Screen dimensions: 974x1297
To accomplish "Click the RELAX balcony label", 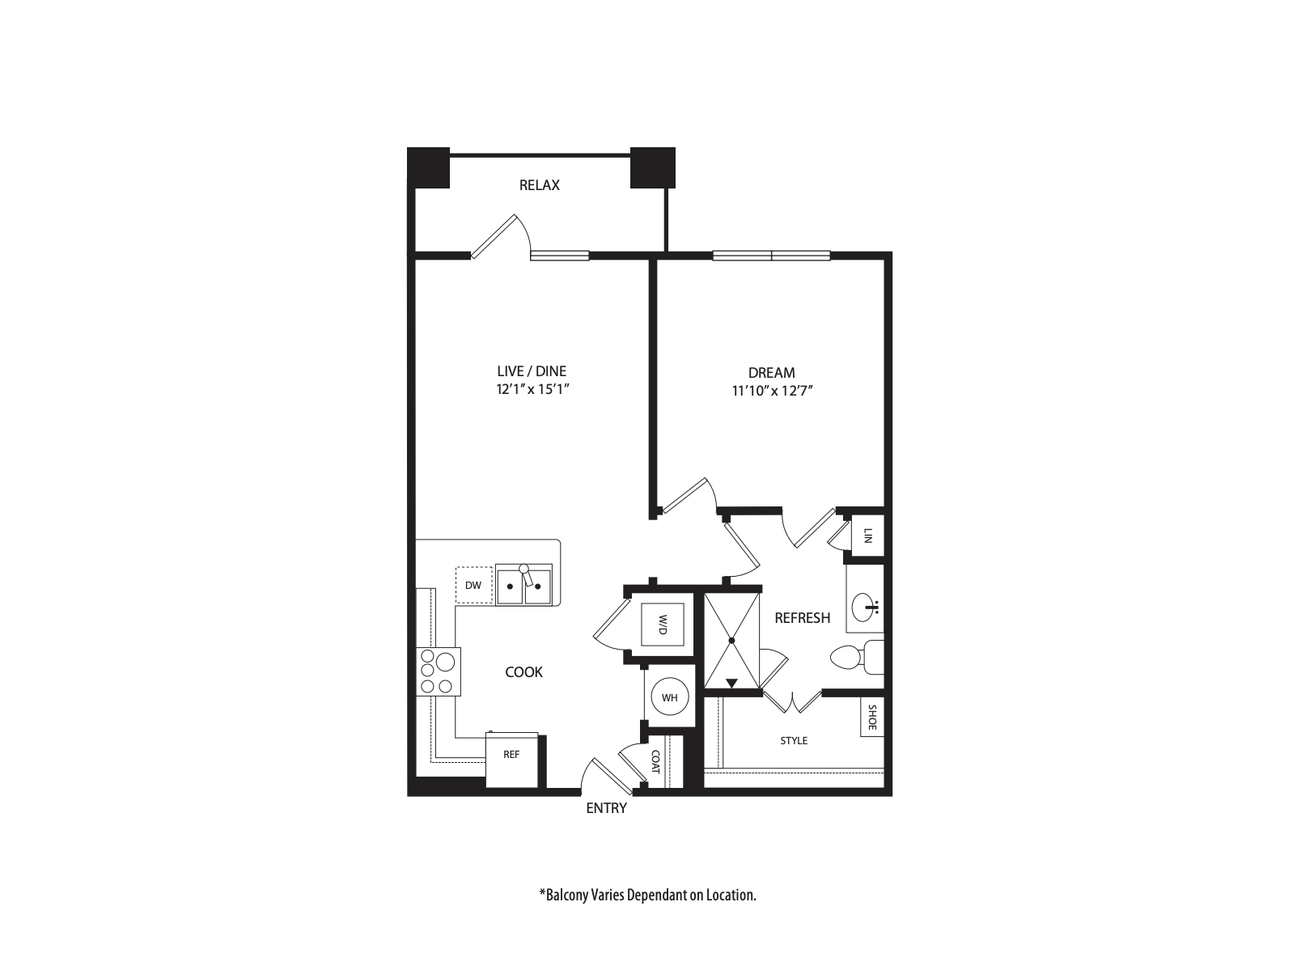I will (x=539, y=185).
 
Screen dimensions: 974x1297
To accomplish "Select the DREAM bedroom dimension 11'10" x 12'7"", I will (x=771, y=391).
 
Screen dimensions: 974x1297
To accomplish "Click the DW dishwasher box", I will (x=473, y=585).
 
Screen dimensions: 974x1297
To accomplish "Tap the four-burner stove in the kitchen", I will (x=438, y=671).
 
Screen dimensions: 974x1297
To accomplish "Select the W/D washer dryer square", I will (x=662, y=624).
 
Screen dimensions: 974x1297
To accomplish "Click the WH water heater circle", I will (x=670, y=697).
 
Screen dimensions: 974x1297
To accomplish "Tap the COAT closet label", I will (x=655, y=760).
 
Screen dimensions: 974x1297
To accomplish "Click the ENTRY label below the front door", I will (x=606, y=808).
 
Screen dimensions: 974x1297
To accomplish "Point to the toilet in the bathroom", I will (x=856, y=657).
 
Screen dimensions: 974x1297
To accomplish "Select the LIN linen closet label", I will (x=868, y=535).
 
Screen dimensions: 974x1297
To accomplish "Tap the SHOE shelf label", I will (x=871, y=717).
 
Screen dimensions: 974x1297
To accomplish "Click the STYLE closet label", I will (x=794, y=740).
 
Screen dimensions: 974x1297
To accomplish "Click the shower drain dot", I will (x=731, y=641).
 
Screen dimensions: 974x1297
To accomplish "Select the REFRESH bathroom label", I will (x=802, y=618).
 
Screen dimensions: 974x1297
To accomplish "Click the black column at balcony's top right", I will (x=652, y=167).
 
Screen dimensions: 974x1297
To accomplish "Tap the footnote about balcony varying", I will (x=647, y=896).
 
